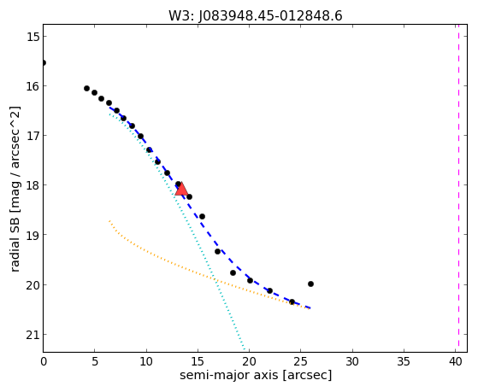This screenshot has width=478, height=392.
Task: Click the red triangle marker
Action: [x=181, y=189]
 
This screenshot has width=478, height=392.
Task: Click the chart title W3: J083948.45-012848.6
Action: [x=256, y=16]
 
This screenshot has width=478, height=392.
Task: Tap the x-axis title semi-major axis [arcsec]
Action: [x=256, y=375]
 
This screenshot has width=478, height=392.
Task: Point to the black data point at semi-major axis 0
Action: [x=44, y=63]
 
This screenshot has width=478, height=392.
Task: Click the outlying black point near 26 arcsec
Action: [x=310, y=284]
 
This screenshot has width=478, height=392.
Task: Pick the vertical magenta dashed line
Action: [x=458, y=188]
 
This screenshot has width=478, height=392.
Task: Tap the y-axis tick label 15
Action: [x=32, y=37]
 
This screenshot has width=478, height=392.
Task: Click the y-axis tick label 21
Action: [x=32, y=335]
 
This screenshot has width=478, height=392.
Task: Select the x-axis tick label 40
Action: [x=455, y=362]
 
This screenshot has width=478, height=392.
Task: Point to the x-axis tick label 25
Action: [x=301, y=362]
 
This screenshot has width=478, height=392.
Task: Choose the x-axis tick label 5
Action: [x=95, y=362]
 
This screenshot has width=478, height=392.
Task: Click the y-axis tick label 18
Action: [x=32, y=185]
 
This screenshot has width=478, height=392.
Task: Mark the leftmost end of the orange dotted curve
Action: [x=109, y=220]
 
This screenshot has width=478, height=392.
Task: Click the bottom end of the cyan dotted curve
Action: [x=245, y=349]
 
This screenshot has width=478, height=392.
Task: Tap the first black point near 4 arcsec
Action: [x=86, y=88]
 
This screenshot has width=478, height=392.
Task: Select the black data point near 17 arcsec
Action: [x=217, y=251]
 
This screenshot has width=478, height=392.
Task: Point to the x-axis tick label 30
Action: [x=352, y=362]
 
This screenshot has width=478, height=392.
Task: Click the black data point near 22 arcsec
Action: [x=269, y=290]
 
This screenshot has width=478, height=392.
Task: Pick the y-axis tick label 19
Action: [x=32, y=235]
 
